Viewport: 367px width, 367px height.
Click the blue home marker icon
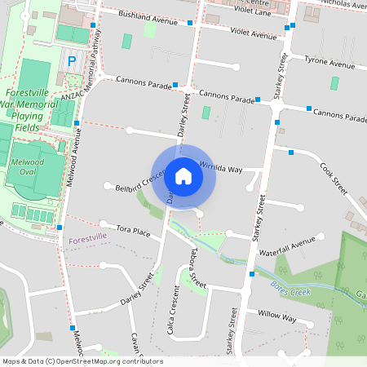tap(183, 175)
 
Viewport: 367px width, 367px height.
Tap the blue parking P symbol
tap(72, 61)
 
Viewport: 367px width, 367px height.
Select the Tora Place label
tap(134, 232)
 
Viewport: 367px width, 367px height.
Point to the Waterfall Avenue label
tap(287, 243)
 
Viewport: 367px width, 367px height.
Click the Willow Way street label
tap(276, 314)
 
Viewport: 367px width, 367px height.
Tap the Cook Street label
tap(334, 179)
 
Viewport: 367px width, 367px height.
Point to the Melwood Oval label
tap(29, 166)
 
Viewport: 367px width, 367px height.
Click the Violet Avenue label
tap(253, 35)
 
